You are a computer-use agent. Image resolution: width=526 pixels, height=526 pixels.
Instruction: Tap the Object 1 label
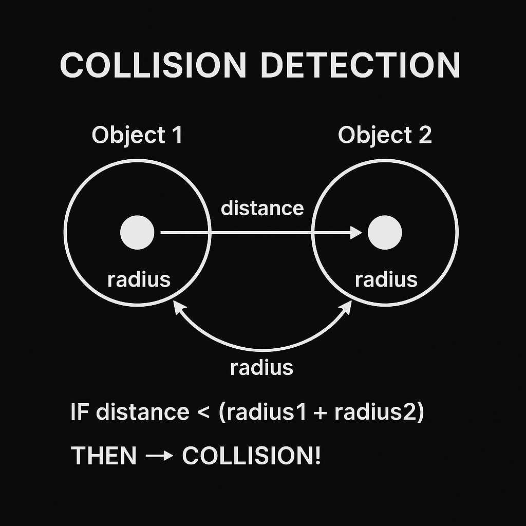point(137,136)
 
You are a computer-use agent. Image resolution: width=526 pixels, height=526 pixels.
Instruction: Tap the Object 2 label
point(385,136)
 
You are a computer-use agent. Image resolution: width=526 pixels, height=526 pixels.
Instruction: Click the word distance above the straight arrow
point(262,209)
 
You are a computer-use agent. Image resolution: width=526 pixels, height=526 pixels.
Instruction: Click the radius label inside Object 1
point(139,280)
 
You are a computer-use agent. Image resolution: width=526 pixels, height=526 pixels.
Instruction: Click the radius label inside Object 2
point(386,280)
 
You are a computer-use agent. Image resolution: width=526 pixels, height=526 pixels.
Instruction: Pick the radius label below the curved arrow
point(261,368)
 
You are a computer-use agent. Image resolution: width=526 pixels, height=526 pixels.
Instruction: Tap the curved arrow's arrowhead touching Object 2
point(346,307)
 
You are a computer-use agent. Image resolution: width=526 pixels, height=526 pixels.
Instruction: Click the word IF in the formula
point(79,412)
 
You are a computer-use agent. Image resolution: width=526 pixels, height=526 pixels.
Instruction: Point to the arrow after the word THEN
point(159,456)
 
